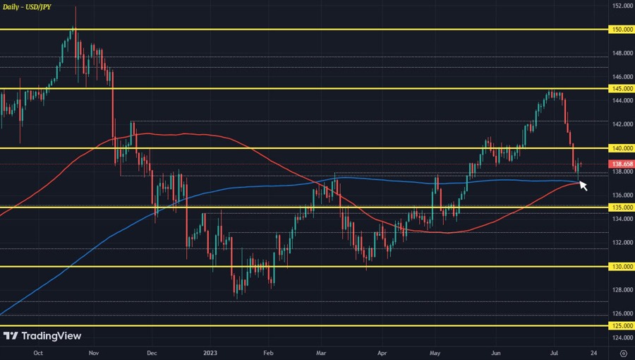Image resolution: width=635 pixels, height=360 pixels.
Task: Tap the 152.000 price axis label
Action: (622, 6)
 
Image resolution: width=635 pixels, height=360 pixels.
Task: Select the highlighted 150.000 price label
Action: (622, 30)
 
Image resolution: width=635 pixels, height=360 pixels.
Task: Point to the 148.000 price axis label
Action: (622, 53)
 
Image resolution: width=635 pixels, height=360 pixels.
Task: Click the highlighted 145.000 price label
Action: (622, 89)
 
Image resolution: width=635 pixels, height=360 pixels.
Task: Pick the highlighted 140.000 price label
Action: (622, 148)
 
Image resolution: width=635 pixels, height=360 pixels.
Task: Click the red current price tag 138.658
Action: (622, 164)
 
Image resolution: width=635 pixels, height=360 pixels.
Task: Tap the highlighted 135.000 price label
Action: (622, 208)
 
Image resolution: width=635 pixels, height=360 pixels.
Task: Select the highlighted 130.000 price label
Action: (622, 267)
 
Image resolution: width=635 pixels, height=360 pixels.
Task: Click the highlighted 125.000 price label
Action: (622, 326)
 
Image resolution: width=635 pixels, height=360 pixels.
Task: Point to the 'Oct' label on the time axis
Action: (38, 352)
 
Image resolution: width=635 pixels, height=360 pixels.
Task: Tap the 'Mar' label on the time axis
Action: (322, 352)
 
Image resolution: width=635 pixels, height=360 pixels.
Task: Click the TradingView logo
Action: (42, 336)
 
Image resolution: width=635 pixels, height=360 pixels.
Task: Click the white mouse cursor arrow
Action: (583, 186)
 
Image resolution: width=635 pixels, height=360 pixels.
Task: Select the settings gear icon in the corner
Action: (623, 352)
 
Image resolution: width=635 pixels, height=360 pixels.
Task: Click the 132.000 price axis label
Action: (622, 243)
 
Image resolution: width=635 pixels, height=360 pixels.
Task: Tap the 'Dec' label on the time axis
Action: (152, 352)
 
